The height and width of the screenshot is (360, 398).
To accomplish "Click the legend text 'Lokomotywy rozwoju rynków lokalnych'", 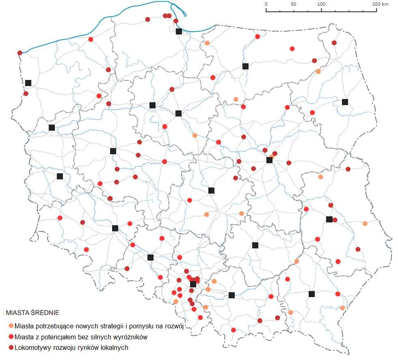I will [x=71, y=347].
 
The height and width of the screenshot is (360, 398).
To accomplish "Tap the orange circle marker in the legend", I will [x=11, y=326].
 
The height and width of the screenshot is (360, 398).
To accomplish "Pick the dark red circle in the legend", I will [x=11, y=347].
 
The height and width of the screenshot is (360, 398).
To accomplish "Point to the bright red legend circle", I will [x=11, y=337].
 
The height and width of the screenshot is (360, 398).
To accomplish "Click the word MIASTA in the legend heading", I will [x=17, y=313].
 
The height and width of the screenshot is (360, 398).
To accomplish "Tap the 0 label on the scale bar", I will [x=266, y=4].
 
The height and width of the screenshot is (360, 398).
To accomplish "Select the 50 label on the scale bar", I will [x=294, y=4].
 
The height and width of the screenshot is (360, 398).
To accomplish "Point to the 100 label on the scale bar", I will [x=322, y=4].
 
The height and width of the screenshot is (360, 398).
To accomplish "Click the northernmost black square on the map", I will [x=179, y=31].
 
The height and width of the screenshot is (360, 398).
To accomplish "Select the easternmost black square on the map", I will [x=345, y=102].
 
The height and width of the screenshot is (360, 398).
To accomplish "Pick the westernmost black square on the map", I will [x=28, y=83].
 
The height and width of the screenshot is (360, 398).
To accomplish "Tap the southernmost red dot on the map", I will [x=233, y=330].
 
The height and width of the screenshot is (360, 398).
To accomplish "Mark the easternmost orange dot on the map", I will [x=365, y=224].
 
